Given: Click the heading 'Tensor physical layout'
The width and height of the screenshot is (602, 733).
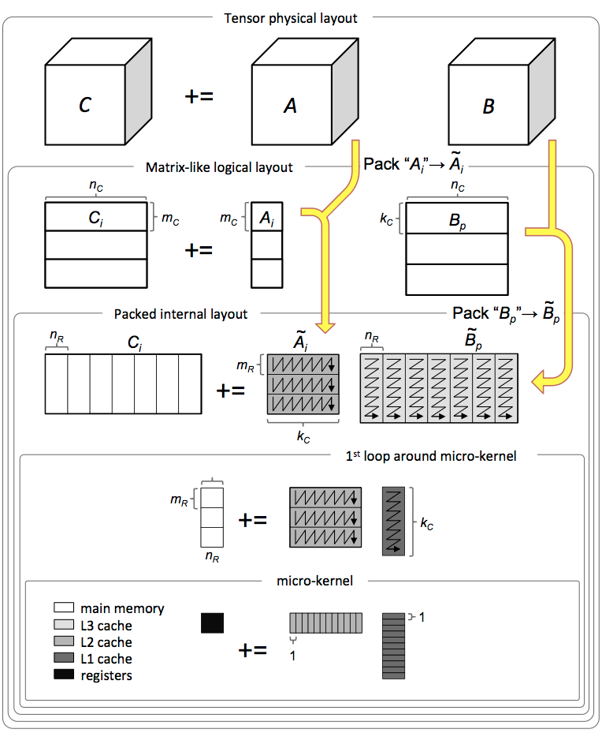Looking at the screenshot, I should pos(291,17).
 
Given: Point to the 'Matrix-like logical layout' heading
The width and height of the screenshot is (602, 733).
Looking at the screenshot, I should pos(219,167).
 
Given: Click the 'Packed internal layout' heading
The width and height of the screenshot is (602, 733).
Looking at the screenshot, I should pos(180,314).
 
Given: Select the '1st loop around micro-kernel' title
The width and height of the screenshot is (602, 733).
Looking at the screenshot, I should pos(430,456).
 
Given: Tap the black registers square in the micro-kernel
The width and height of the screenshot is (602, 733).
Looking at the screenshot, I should pos(213,623).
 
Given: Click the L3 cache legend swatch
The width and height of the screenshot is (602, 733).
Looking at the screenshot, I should pos(64,626).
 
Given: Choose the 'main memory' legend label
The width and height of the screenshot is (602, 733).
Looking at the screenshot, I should pos(122,609).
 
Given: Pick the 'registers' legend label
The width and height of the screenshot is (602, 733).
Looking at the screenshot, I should pos(106,675).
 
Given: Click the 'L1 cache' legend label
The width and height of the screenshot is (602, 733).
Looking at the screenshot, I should pos(106,659).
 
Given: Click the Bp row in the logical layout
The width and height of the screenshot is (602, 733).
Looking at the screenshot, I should pos(455,219).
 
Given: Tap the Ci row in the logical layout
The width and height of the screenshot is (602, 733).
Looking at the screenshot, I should pos(95,216).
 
